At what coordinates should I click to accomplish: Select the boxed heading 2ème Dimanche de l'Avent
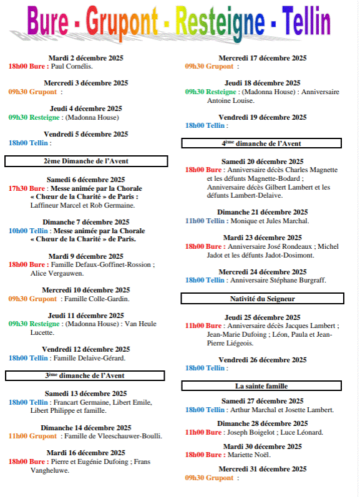click(86, 161)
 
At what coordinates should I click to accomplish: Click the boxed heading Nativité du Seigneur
click(261, 299)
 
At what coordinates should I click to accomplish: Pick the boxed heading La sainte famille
click(261, 386)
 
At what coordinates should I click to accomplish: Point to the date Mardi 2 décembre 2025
click(86, 57)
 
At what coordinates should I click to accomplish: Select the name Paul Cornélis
click(72, 66)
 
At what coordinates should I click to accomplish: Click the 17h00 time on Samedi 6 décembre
click(18, 188)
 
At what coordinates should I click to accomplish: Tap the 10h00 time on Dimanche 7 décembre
click(18, 231)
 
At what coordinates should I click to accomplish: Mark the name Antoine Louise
click(231, 100)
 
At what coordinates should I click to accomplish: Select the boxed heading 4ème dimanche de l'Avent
click(261, 143)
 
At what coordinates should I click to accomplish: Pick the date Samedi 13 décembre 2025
click(86, 393)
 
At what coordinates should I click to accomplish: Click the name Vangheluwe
click(50, 471)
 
